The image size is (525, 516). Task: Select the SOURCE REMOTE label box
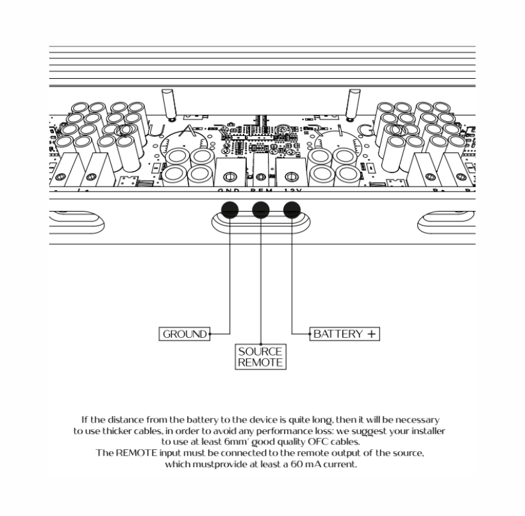260,357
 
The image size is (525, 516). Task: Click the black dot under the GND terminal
229,209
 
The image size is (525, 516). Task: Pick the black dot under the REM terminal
260,209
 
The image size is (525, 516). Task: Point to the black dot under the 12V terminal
292,209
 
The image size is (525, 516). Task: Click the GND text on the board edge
228,191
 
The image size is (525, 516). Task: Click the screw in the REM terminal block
260,177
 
